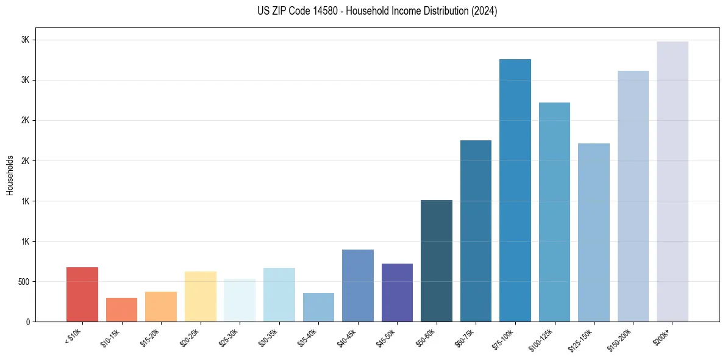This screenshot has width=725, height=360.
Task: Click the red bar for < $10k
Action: [82, 294]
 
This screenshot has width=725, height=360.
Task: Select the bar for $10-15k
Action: [121, 309]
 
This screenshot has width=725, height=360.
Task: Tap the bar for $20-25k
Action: [201, 297]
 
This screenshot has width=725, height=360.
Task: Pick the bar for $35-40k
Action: [318, 307]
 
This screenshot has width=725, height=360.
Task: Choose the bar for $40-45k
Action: [358, 286]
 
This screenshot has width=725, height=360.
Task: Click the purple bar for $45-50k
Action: [397, 292]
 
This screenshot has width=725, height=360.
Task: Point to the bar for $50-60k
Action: [437, 261]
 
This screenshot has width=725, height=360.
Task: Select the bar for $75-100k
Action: [515, 190]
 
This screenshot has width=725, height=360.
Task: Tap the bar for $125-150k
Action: [594, 232]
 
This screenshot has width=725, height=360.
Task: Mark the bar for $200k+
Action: [673, 181]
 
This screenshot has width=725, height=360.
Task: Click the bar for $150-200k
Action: [633, 196]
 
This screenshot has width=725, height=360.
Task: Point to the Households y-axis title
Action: [10, 175]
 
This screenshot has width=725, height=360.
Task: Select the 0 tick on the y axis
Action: [28, 322]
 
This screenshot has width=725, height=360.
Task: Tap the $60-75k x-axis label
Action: [466, 337]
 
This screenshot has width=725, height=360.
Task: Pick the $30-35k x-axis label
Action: [269, 337]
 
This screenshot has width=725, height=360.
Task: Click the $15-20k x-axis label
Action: [151, 337]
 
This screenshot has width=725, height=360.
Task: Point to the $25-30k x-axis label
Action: [229, 337]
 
